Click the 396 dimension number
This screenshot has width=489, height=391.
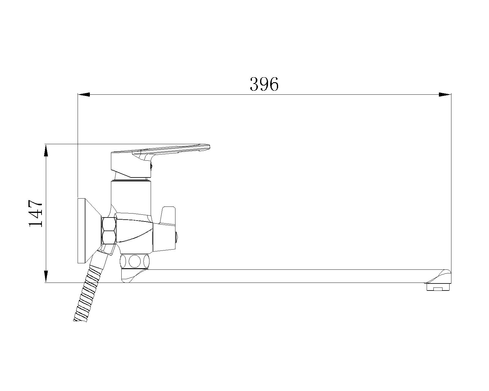[264, 84]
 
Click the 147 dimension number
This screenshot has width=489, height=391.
[35, 213]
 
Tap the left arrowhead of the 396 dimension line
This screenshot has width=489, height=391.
[84, 94]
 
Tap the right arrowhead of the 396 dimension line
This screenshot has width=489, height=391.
[445, 94]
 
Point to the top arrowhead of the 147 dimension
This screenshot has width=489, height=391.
[46, 151]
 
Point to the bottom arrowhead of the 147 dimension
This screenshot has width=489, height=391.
[46, 276]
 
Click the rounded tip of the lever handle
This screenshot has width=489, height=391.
[207, 147]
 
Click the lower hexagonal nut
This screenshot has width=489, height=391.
[109, 238]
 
